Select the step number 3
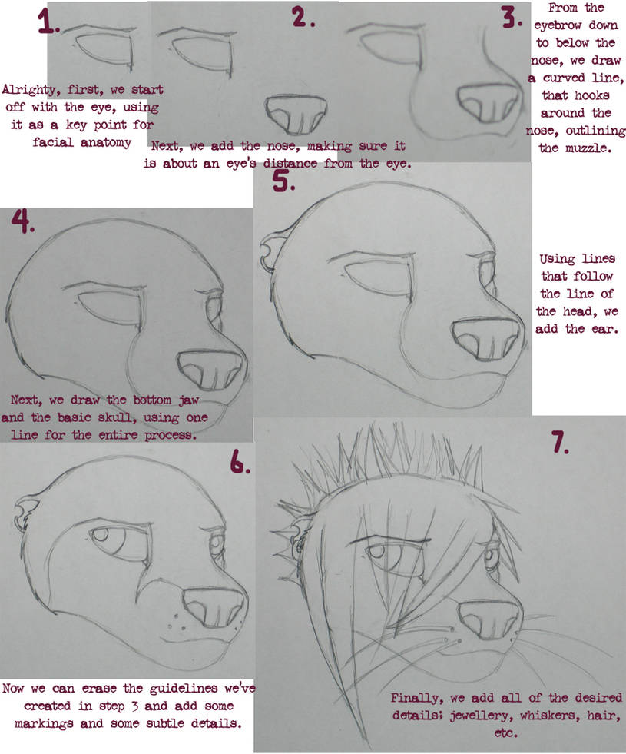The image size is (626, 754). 512,18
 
